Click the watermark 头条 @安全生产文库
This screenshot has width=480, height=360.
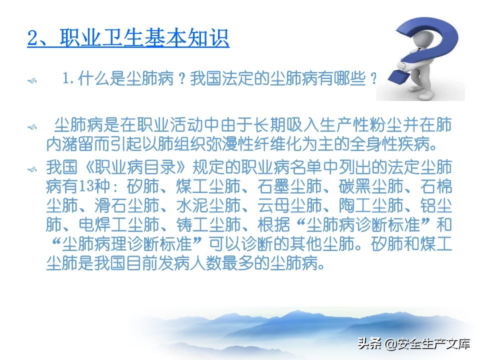[x=412, y=343]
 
